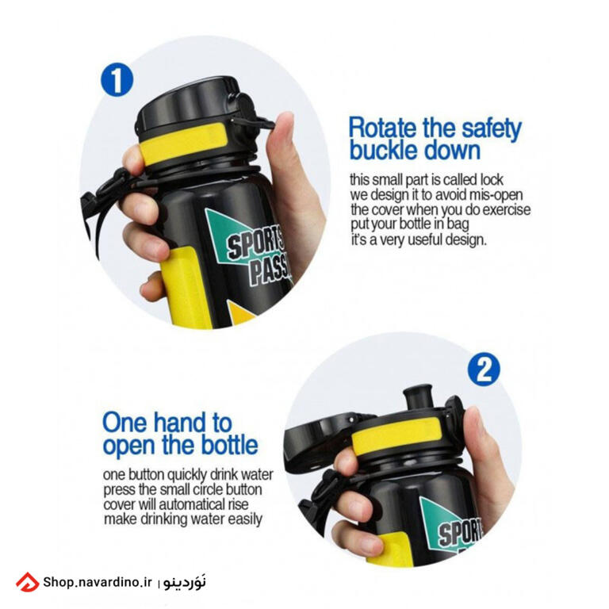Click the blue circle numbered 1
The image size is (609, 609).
117,79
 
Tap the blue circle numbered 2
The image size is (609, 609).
484,369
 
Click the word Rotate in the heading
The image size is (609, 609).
382,128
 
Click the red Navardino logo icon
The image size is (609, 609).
27,582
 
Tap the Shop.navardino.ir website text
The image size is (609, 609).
97,582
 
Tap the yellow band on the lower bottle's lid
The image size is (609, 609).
396,435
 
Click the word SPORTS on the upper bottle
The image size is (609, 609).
255,244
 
